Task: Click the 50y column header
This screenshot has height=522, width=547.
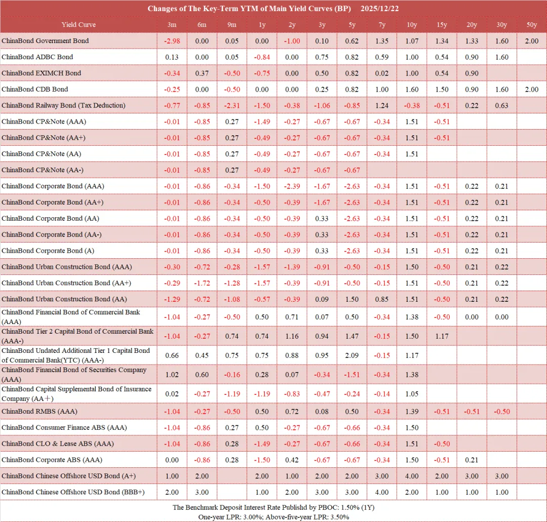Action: pos(531,25)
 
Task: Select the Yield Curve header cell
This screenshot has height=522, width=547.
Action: pos(79,25)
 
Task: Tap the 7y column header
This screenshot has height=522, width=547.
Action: pos(382,25)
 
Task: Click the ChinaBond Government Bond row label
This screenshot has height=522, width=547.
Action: pos(45,41)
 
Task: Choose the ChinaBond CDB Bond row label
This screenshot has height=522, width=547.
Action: pos(35,89)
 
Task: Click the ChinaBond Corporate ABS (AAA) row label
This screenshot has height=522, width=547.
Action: pos(52,460)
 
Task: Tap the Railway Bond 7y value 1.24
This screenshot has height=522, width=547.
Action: pos(382,105)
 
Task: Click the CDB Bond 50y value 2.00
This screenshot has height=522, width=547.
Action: pos(531,89)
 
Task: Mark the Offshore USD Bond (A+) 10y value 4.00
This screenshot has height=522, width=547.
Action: pos(412,476)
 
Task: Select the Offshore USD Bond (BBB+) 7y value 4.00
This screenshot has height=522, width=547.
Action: pos(382,492)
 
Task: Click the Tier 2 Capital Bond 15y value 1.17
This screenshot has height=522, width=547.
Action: pos(442,336)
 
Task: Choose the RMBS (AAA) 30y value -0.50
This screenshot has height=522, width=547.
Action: pos(501,411)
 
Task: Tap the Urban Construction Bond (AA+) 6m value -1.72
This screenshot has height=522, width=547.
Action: pos(202,283)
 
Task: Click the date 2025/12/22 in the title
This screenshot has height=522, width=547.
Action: pos(380,9)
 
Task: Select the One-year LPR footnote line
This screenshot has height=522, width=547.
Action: pos(273,516)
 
